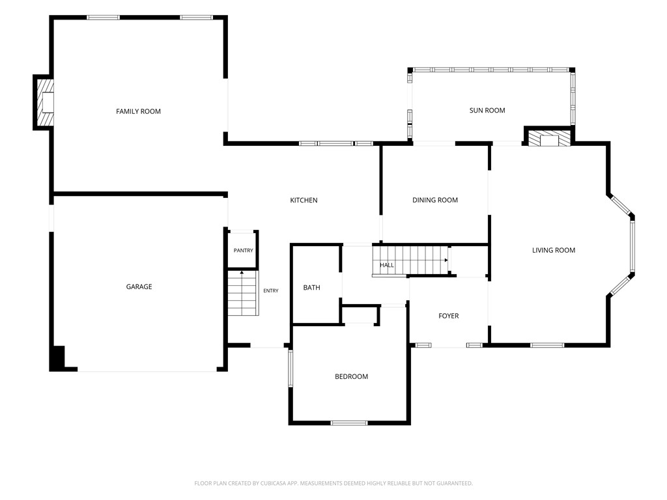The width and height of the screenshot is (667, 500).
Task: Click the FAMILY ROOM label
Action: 138,111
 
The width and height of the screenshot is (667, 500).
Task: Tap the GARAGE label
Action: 139,286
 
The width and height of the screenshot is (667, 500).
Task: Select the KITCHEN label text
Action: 304,201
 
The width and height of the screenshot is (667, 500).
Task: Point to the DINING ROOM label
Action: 435,200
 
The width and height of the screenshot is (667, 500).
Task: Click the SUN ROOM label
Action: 487,110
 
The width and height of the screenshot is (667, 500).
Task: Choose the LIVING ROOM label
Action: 554,251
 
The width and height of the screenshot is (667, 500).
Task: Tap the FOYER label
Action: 448,316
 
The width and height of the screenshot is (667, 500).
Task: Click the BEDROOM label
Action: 351,376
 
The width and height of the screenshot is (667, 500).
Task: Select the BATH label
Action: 311,287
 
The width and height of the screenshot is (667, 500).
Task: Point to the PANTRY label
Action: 244,251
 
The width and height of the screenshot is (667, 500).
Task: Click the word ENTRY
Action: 271,291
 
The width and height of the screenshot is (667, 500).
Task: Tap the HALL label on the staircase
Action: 387,265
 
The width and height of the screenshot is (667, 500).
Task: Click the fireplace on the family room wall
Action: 44,102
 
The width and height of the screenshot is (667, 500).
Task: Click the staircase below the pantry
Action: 243,293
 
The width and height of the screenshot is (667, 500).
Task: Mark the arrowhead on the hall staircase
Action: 446,260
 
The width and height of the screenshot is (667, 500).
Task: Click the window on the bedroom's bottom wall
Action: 349,423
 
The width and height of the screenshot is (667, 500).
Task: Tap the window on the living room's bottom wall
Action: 547,345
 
